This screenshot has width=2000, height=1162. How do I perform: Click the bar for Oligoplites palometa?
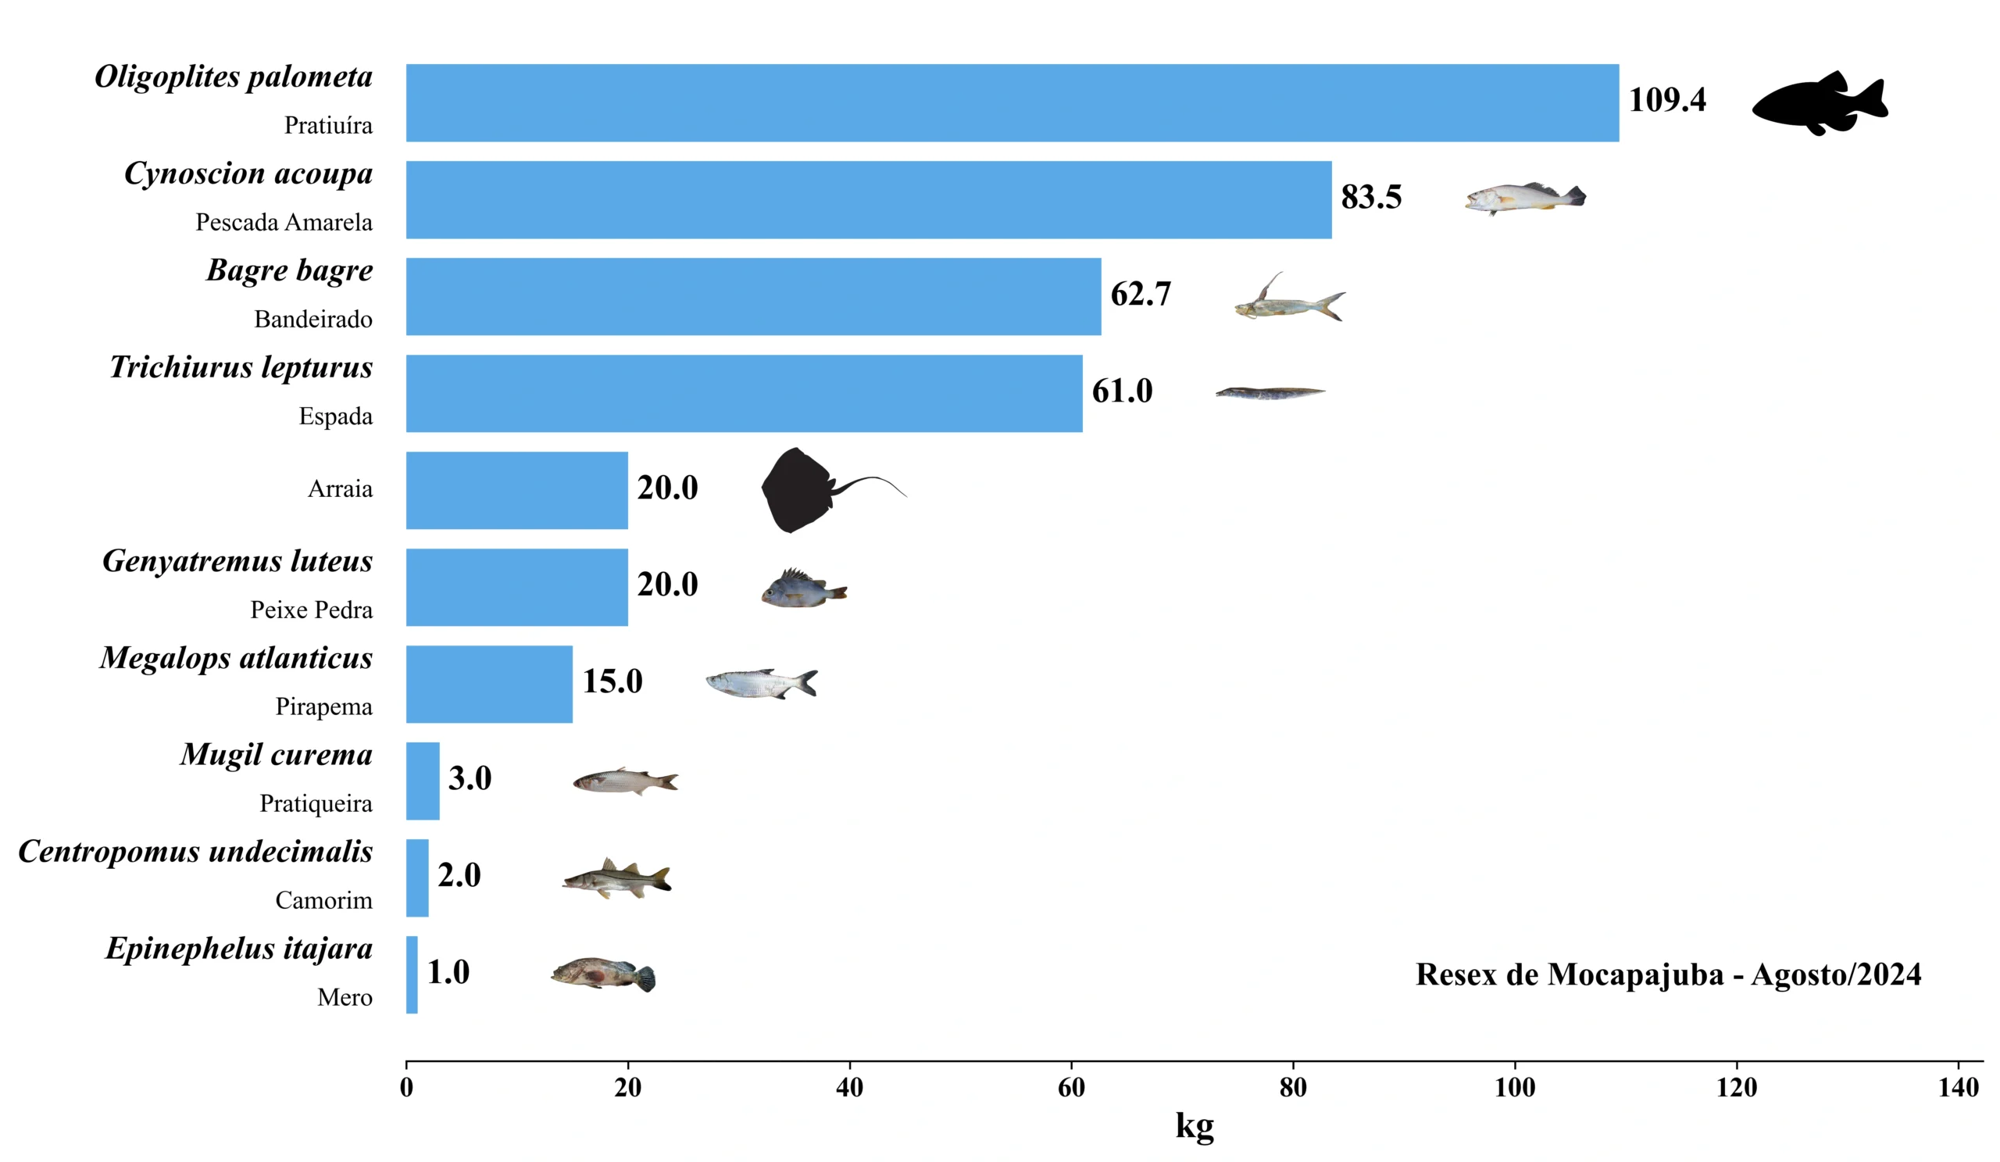[1012, 103]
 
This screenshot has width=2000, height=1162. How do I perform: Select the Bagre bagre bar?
[753, 296]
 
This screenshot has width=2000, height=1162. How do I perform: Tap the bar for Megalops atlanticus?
[489, 684]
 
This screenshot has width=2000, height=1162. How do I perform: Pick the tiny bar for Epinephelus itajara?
[412, 974]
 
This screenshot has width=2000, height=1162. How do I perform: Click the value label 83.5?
[1370, 197]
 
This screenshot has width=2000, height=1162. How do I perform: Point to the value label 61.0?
[1121, 391]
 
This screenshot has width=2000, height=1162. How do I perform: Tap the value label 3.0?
[470, 778]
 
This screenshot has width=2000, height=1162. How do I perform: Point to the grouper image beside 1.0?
[603, 974]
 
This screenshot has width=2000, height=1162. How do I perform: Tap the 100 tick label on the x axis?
[1514, 1088]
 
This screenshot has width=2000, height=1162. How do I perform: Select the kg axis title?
[1195, 1125]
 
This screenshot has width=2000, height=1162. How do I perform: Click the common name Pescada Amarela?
[284, 222]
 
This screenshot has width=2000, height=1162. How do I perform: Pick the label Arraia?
[340, 489]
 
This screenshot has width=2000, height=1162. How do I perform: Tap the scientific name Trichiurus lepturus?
[241, 366]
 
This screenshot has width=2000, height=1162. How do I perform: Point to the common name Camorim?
[323, 900]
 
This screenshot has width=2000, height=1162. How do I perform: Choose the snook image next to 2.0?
[617, 878]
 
